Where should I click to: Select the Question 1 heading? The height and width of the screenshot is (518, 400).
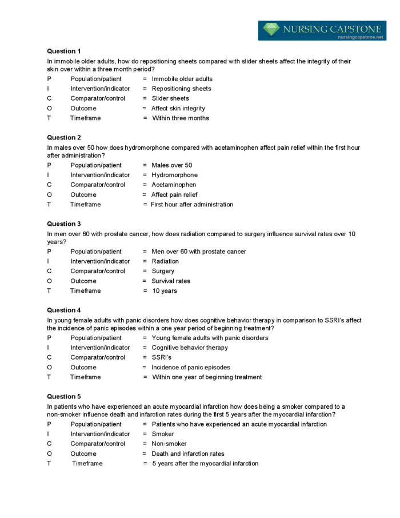tap(65, 51)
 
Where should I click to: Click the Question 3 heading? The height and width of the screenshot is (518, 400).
tap(65, 224)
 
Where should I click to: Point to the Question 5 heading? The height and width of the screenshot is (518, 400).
tap(65, 396)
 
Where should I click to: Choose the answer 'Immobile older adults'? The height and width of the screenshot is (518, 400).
tap(182, 79)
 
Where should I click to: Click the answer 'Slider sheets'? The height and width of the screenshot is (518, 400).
tap(170, 98)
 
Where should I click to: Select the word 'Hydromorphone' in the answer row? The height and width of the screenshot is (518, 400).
tap(174, 175)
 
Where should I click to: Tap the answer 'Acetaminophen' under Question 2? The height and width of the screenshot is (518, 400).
tap(174, 185)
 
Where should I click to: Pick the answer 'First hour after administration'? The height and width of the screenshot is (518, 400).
tap(192, 204)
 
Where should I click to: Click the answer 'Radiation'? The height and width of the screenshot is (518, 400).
tap(165, 261)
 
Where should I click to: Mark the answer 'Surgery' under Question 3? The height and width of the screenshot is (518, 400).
tap(163, 271)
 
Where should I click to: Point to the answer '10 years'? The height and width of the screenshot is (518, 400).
tap(165, 290)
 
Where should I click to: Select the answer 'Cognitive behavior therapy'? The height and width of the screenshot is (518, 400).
tap(189, 348)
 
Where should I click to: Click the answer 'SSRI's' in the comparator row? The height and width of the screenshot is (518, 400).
tap(162, 357)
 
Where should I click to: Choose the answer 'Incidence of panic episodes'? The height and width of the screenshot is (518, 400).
tap(191, 367)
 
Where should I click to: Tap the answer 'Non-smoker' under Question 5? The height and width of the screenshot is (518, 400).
tap(169, 444)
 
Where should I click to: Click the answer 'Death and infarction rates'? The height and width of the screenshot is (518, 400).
tap(188, 453)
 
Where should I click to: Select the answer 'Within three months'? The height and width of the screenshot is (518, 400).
tap(181, 118)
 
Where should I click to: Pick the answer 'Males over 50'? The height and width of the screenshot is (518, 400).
tap(172, 165)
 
